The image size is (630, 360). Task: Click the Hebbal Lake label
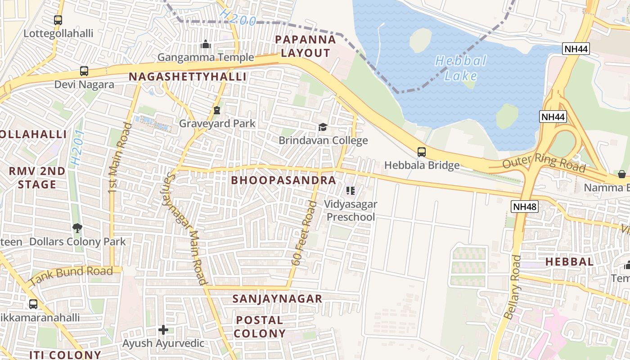[x=461, y=68]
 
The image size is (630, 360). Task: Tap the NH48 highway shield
[x=525, y=207]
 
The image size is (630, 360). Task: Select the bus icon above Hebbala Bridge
[x=422, y=152]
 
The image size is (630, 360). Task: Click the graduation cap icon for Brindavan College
[x=323, y=127]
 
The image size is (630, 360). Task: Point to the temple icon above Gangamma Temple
[x=206, y=44]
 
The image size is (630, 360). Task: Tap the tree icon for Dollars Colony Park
[x=77, y=228]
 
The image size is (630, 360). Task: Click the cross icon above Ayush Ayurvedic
[x=163, y=330]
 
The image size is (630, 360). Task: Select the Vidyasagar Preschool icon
[x=351, y=191]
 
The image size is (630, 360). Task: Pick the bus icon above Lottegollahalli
[x=58, y=20]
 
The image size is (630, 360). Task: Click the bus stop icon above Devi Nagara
[x=84, y=71]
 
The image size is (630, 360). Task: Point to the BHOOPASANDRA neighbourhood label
[x=283, y=180]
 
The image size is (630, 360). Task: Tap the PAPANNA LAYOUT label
[x=306, y=46]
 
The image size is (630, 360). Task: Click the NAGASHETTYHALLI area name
[x=188, y=77]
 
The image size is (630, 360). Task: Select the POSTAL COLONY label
[x=260, y=327]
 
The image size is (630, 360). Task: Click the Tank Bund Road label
[x=71, y=276]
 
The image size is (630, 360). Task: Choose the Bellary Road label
[x=512, y=287]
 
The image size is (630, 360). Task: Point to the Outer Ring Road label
[x=544, y=162]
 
